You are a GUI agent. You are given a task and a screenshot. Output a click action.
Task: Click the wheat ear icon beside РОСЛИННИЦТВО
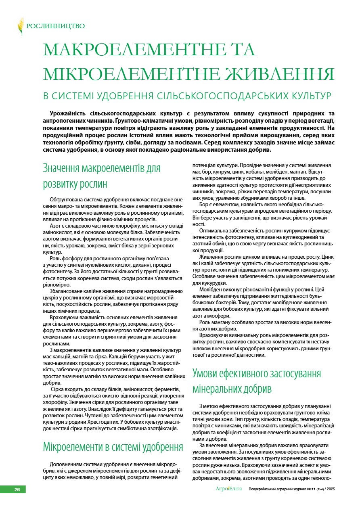point(21,26)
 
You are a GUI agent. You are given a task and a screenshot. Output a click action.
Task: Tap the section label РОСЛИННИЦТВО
point(55,26)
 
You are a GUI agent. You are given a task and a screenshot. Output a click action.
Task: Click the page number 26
point(17,489)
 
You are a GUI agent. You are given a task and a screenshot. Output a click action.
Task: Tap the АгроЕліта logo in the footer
point(228,489)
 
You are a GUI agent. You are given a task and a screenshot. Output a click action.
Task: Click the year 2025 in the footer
point(330,489)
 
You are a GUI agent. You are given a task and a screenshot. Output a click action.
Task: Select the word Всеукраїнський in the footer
point(264,489)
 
